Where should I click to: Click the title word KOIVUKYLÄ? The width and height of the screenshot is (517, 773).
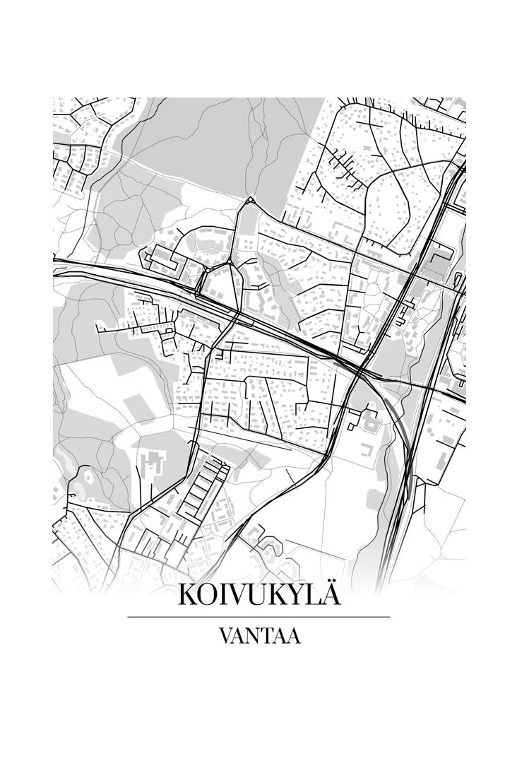tap(258, 594)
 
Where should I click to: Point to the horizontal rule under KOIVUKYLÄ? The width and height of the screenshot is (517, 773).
tap(258, 617)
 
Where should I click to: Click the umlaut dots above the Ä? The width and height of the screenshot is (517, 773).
tap(331, 583)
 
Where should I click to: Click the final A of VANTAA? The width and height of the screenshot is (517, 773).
tap(294, 636)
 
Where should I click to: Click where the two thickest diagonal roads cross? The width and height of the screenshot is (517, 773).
tap(359, 370)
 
